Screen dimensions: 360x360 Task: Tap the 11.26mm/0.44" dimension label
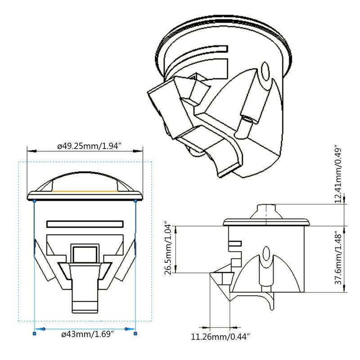click(x=220, y=336)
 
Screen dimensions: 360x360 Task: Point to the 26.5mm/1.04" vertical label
click(x=168, y=248)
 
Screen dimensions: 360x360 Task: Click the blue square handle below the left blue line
click(x=35, y=333)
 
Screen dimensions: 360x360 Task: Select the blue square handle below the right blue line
click(x=135, y=333)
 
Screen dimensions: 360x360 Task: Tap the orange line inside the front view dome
click(x=85, y=191)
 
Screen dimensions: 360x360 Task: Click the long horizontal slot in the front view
click(x=85, y=224)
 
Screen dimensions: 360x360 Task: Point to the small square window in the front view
click(x=85, y=252)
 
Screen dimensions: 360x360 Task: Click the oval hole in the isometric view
click(x=265, y=72)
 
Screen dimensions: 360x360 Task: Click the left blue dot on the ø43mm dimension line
click(x=44, y=329)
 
